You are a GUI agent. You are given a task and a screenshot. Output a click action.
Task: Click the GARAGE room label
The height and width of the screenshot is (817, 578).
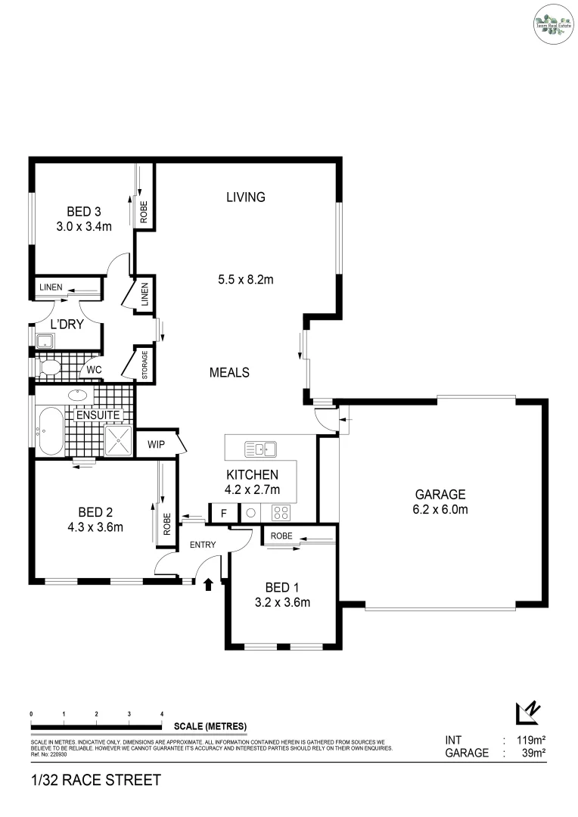439,494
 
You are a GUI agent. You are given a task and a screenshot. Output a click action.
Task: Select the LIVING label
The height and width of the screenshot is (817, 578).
246,197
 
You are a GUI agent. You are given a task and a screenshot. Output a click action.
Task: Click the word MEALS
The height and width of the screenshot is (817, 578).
229,372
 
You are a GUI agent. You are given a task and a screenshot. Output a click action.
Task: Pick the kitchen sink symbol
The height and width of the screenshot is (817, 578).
260,449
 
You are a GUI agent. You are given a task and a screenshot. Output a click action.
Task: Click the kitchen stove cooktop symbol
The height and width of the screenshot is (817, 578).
281,513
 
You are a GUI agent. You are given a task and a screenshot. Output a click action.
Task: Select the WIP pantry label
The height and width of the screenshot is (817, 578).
157,444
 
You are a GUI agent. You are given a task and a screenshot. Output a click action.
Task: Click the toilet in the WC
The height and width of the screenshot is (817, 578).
50,369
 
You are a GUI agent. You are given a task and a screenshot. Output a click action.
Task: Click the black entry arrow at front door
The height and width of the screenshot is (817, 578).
209,582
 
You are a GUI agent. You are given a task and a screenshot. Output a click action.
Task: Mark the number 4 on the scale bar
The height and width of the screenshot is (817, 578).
162,714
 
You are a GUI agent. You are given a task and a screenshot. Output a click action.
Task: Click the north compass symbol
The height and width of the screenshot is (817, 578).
527,713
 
